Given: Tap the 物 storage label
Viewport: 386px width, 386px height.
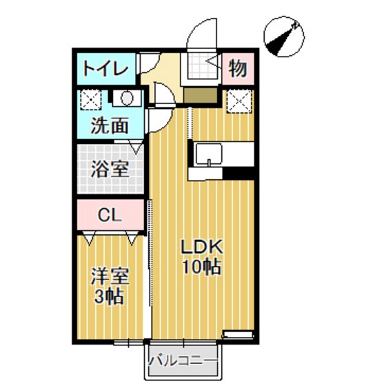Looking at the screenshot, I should tap(237, 68).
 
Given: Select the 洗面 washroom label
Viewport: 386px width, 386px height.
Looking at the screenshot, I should tap(110, 126).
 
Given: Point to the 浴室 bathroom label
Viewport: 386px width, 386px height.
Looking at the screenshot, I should tap(110, 170).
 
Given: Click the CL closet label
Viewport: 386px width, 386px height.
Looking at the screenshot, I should tap(110, 214).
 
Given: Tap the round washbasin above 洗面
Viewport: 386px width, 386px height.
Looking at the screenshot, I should tap(128, 99).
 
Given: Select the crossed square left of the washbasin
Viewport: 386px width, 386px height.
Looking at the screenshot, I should tap(91, 101).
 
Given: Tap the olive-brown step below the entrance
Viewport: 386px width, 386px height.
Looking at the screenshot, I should tap(202, 94).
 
